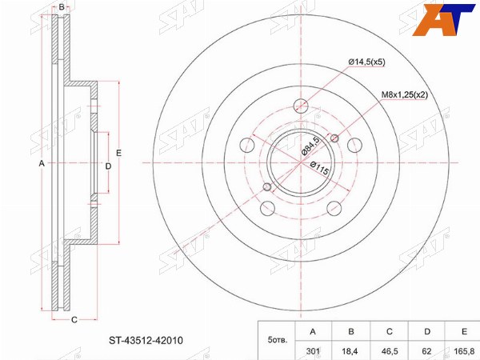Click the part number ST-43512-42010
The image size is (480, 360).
click(146, 341)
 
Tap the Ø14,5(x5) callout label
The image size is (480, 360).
click(366, 62)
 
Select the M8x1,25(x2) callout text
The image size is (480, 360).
click(404, 95)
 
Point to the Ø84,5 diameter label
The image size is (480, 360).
click(310, 146)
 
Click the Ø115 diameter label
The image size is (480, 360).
click(319, 168)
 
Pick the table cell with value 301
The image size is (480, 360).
click(313, 351)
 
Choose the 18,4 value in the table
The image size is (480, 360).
click(350, 351)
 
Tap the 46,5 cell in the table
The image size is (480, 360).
click(389, 351)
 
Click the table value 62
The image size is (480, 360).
click(426, 351)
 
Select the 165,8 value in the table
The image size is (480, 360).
click(464, 351)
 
